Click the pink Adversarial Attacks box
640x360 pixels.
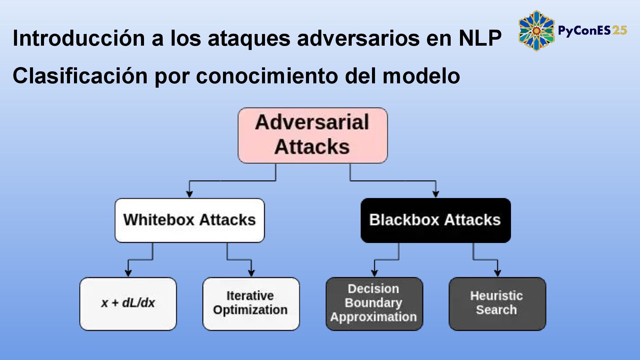[x=312, y=135]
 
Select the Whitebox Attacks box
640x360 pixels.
[x=189, y=220]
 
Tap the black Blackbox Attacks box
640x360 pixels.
[x=435, y=220]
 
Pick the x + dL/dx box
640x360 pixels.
[x=128, y=303]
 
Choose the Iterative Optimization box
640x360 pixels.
[x=251, y=303]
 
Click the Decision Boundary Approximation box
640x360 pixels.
[x=374, y=303]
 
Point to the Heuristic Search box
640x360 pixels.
[x=497, y=303]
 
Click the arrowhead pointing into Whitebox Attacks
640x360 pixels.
[x=189, y=194]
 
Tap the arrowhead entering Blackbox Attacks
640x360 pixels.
[x=435, y=194]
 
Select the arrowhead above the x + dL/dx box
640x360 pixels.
[x=128, y=273]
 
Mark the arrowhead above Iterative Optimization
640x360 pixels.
[x=251, y=273]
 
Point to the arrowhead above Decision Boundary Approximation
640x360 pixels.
[x=374, y=273]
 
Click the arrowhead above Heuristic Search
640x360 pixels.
[x=497, y=273]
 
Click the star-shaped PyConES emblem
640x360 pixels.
[x=536, y=31]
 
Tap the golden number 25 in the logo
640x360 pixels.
[x=619, y=31]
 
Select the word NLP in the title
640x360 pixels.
[x=480, y=38]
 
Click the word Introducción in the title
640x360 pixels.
[x=79, y=38]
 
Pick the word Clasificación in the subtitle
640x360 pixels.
[x=80, y=76]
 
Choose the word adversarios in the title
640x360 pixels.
[x=358, y=38]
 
